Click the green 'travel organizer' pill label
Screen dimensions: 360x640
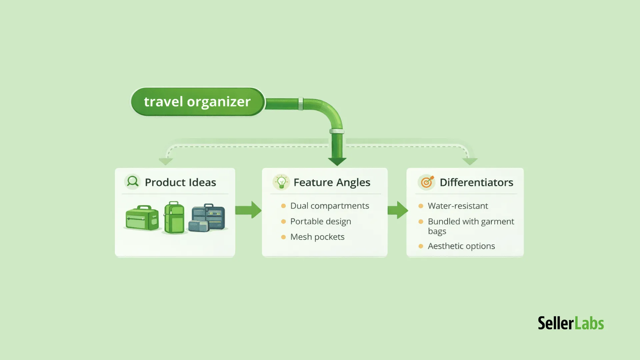click(x=197, y=102)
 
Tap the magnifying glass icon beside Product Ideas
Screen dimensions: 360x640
click(x=132, y=182)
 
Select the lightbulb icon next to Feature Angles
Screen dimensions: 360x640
click(x=281, y=182)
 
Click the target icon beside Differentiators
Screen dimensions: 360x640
click(x=426, y=182)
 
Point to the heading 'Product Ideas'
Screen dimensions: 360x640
click(x=180, y=182)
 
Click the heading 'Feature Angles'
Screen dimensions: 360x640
click(x=332, y=182)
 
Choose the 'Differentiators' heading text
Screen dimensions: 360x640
click(x=476, y=182)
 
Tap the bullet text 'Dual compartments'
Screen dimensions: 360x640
click(x=330, y=206)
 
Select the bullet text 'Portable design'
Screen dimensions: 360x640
click(x=320, y=221)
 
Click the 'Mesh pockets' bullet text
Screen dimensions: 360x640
click(x=317, y=237)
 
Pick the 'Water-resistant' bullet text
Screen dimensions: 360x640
click(x=458, y=206)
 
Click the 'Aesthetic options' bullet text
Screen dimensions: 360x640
click(x=461, y=246)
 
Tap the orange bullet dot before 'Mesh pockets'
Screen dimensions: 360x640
click(x=283, y=237)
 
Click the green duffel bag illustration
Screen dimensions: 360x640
click(x=142, y=218)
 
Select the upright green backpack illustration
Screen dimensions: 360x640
click(x=174, y=217)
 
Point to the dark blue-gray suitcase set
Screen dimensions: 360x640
click(x=207, y=217)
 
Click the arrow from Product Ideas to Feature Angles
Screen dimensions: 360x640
click(x=248, y=210)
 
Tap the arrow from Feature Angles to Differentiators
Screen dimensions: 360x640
click(x=397, y=210)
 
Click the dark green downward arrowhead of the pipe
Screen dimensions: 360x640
click(x=337, y=161)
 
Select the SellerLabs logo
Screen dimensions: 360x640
click(x=571, y=323)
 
